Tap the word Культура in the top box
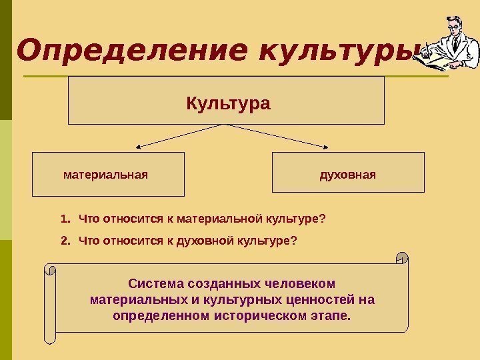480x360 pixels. [x=227, y=104]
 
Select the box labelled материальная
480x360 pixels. [x=108, y=174]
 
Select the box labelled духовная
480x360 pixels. [x=348, y=174]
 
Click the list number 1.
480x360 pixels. [x=64, y=219]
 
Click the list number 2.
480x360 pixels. [x=64, y=240]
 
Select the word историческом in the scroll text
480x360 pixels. [x=261, y=315]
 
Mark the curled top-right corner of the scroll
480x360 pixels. [x=401, y=257]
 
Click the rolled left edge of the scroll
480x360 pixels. [x=51, y=303]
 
